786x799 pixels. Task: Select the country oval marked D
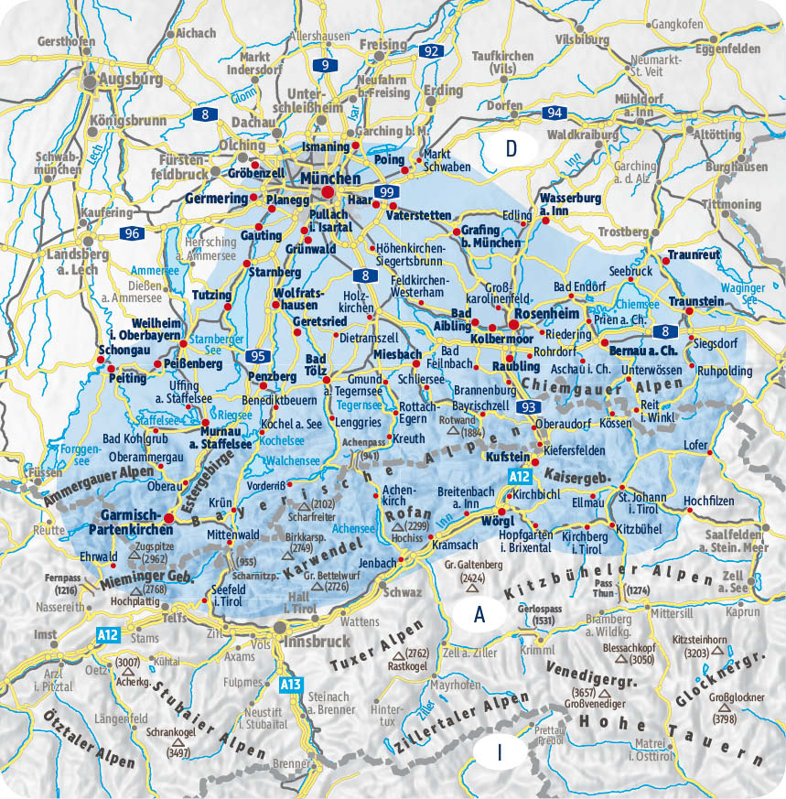[512, 148]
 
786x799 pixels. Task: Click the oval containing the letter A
[478, 614]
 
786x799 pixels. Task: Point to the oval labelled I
[500, 752]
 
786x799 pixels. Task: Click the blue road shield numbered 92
[431, 51]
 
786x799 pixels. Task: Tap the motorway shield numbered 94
[552, 113]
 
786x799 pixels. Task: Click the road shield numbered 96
[131, 233]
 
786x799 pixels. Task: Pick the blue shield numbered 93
[526, 406]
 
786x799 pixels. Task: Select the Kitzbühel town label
[639, 529]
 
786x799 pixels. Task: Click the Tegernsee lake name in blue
[358, 403]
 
